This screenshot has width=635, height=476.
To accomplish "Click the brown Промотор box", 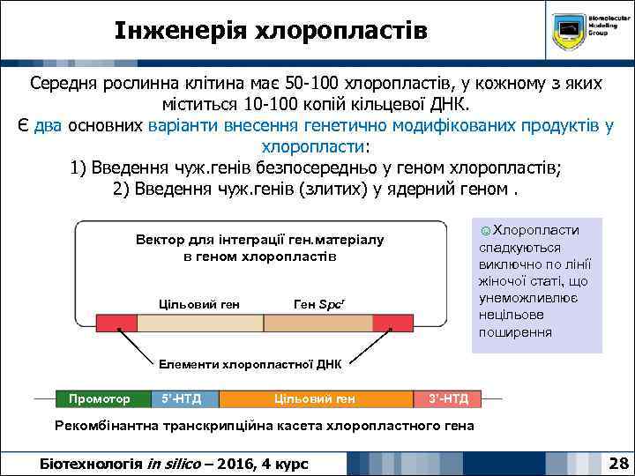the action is point(100,399).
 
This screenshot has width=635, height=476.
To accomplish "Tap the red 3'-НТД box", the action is point(449,399).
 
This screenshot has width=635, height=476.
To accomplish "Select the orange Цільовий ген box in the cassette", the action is point(315,399).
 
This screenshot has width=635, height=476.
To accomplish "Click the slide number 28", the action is point(617,462).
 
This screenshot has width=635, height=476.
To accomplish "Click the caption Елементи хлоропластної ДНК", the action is point(250,363).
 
